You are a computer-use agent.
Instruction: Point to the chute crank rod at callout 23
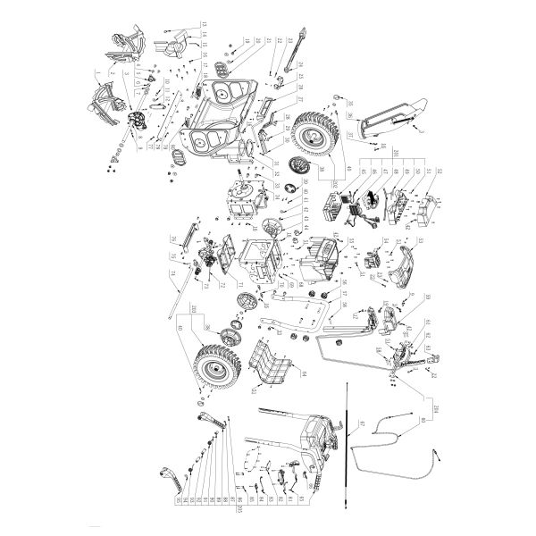(x=292, y=55)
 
